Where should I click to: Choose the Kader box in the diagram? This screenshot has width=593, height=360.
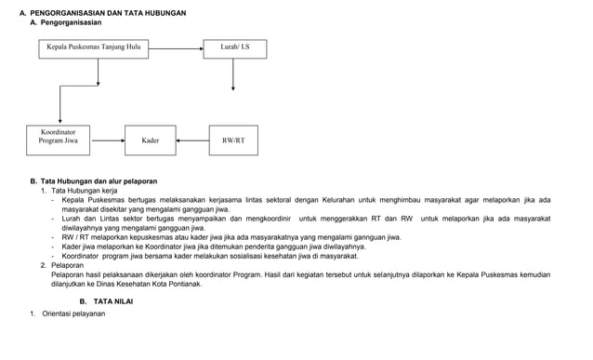[151, 140]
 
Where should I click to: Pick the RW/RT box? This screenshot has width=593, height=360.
[233, 140]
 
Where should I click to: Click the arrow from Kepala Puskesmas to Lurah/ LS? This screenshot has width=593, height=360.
[177, 46]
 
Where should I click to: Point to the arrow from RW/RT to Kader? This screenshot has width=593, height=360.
[192, 140]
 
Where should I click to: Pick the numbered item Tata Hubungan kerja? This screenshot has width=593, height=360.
[84, 190]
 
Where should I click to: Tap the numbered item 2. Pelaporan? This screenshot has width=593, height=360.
[70, 265]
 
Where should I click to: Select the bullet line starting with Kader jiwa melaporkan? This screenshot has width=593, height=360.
[214, 247]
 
